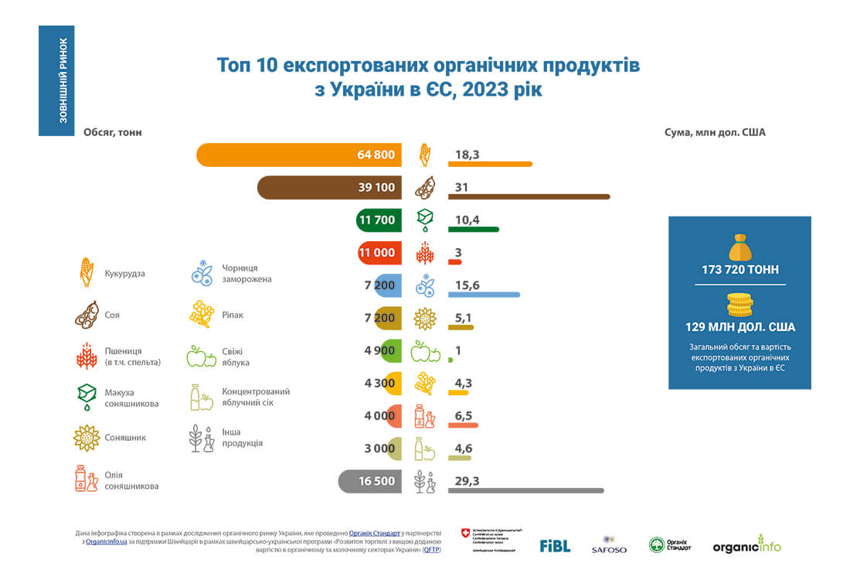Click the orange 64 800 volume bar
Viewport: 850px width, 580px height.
[x=297, y=155]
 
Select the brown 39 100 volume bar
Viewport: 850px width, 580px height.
[x=328, y=187]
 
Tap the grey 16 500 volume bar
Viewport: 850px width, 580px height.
[x=369, y=481]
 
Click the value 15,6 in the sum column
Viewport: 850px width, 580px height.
[x=467, y=286]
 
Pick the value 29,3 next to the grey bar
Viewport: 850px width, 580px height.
[x=467, y=481]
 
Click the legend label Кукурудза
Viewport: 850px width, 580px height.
[x=124, y=274]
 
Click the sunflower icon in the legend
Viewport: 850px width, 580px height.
[x=87, y=438]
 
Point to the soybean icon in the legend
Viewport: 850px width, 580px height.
[x=87, y=315]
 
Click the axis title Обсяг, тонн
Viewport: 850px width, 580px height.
[x=113, y=132]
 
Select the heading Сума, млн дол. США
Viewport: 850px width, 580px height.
[x=715, y=132]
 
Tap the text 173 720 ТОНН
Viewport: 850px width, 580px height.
[x=739, y=270]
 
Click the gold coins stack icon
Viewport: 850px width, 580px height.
[x=739, y=305]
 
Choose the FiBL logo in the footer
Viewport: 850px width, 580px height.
[x=555, y=545]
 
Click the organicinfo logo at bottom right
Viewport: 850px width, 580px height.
[x=746, y=544]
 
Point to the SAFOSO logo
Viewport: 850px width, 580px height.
[x=609, y=545]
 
